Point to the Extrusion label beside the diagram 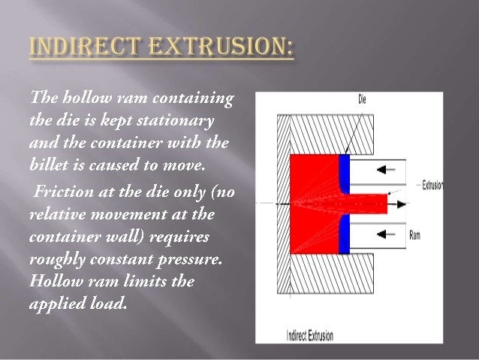pyautogui.click(x=432, y=184)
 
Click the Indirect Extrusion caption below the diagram pyautogui.click(x=309, y=336)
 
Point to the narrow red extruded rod pyautogui.click(x=368, y=203)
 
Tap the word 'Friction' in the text pyautogui.click(x=63, y=192)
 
